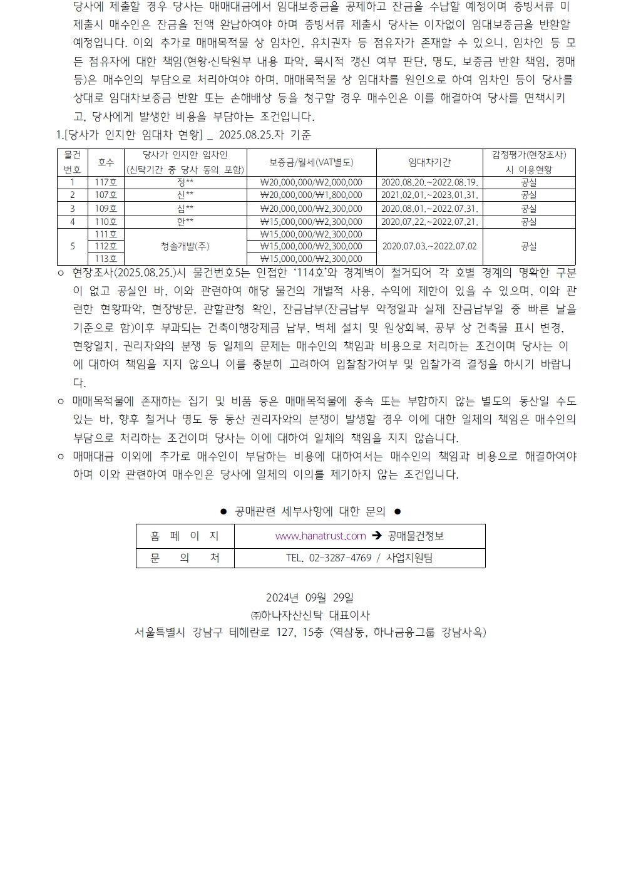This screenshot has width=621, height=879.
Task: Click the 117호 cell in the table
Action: pyautogui.click(x=106, y=182)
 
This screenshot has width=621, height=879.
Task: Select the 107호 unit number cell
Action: pyautogui.click(x=106, y=195)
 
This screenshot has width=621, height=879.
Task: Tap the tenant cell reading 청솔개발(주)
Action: pyautogui.click(x=185, y=246)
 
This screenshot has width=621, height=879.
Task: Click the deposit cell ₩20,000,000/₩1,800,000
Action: pyautogui.click(x=311, y=195)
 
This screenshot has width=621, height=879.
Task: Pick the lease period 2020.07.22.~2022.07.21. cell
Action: pyautogui.click(x=429, y=222)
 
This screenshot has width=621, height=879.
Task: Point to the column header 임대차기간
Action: pyautogui.click(x=429, y=162)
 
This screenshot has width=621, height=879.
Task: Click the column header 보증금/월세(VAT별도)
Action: pyautogui.click(x=311, y=162)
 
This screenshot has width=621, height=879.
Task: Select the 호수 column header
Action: pyautogui.click(x=106, y=162)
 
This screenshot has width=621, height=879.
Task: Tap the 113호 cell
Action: pyautogui.click(x=106, y=259)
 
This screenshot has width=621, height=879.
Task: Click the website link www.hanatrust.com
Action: pyautogui.click(x=321, y=536)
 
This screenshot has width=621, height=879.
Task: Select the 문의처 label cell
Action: pyautogui.click(x=185, y=558)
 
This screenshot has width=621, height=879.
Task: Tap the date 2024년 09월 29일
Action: pyautogui.click(x=310, y=598)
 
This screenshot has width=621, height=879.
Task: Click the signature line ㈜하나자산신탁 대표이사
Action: pyautogui.click(x=310, y=615)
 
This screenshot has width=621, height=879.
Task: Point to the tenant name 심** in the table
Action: pyautogui.click(x=185, y=209)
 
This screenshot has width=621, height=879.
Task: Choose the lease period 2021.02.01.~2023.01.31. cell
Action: pyautogui.click(x=429, y=195)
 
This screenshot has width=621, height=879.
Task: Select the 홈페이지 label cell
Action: pyautogui.click(x=185, y=536)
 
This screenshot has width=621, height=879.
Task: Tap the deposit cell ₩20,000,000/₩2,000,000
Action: pyautogui.click(x=311, y=182)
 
